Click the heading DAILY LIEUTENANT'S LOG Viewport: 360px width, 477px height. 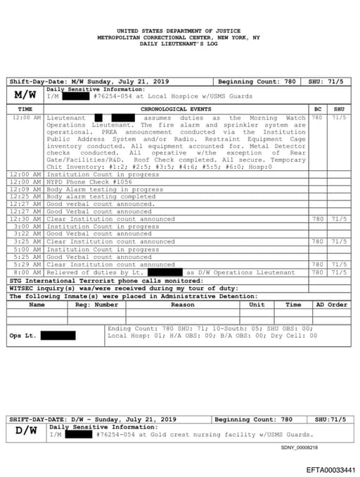pos(179,44)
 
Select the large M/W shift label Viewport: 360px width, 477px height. pos(25,94)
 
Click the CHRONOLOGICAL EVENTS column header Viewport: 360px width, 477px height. pos(176,109)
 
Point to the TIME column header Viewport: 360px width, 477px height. pos(25,109)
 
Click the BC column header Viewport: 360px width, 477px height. pos(318,109)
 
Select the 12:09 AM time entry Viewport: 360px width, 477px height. pos(27,189)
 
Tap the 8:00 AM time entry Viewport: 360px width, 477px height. pos(27,272)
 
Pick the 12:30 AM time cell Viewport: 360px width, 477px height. pos(27,219)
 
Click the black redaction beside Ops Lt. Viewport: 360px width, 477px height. pos(58,336)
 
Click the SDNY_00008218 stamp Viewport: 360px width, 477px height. pos(300,447)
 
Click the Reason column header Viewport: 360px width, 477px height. pos(183,305)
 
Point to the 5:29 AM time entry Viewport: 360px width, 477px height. pos(27,265)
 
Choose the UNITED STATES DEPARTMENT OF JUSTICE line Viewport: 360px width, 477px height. pos(179,31)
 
